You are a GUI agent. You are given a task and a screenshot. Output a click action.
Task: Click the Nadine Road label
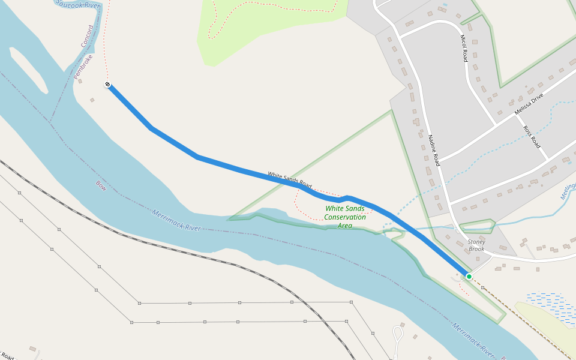[434, 151]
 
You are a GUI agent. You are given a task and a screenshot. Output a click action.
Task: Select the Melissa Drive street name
[529, 104]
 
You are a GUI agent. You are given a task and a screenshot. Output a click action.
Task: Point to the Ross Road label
[532, 137]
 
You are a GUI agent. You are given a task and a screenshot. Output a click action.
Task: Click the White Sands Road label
[290, 179]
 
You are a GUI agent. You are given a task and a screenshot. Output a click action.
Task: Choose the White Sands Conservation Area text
[344, 217]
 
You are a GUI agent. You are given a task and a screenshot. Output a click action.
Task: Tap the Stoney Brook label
[476, 245]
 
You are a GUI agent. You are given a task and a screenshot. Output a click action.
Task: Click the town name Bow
[101, 187]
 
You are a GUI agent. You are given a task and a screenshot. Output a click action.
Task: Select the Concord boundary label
[87, 36]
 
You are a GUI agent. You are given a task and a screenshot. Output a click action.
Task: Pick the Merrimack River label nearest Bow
[176, 220]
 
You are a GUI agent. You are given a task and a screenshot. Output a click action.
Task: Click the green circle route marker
[469, 277]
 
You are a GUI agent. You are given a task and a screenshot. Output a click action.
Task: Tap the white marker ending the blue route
[107, 85]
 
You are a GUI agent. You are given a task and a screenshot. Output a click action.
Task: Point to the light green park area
[264, 24]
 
